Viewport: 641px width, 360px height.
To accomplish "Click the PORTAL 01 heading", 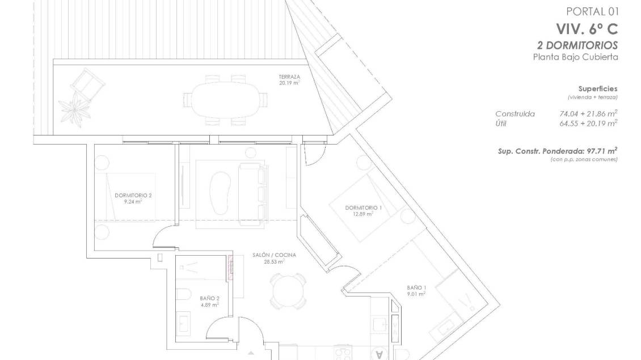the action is pos(593,11).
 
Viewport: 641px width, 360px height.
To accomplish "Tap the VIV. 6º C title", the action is pos(587,29).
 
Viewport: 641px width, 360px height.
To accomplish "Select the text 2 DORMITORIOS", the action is pos(577,45).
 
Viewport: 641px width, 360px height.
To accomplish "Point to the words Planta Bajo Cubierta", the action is pos(576,57).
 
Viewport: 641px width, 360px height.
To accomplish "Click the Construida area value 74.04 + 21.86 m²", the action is pos(588,113).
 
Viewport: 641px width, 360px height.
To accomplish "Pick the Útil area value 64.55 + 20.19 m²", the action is pos(588,124).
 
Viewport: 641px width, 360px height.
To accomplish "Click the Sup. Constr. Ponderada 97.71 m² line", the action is pos(558,151).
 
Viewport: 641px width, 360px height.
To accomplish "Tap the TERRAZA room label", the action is pos(289,77).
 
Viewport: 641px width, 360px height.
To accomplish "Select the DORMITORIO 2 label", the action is pos(133,196).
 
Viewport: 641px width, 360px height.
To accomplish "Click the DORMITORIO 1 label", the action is pos(364,207).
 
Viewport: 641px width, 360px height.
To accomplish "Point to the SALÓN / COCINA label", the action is pos(275,255).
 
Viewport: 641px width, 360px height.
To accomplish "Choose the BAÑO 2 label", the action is pos(210,298).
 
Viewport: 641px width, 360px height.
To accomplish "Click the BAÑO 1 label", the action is pos(416,287).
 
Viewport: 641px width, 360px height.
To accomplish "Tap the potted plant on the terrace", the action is pos(75,108).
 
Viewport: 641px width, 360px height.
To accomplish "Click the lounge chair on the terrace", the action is pos(87,84).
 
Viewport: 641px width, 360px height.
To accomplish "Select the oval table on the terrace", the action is pos(225,100).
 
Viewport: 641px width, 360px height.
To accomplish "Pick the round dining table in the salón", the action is pos(288,291).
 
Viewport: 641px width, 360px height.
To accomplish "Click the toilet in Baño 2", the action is pos(184,294).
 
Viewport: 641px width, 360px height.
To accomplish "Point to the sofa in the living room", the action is pos(252,194).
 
